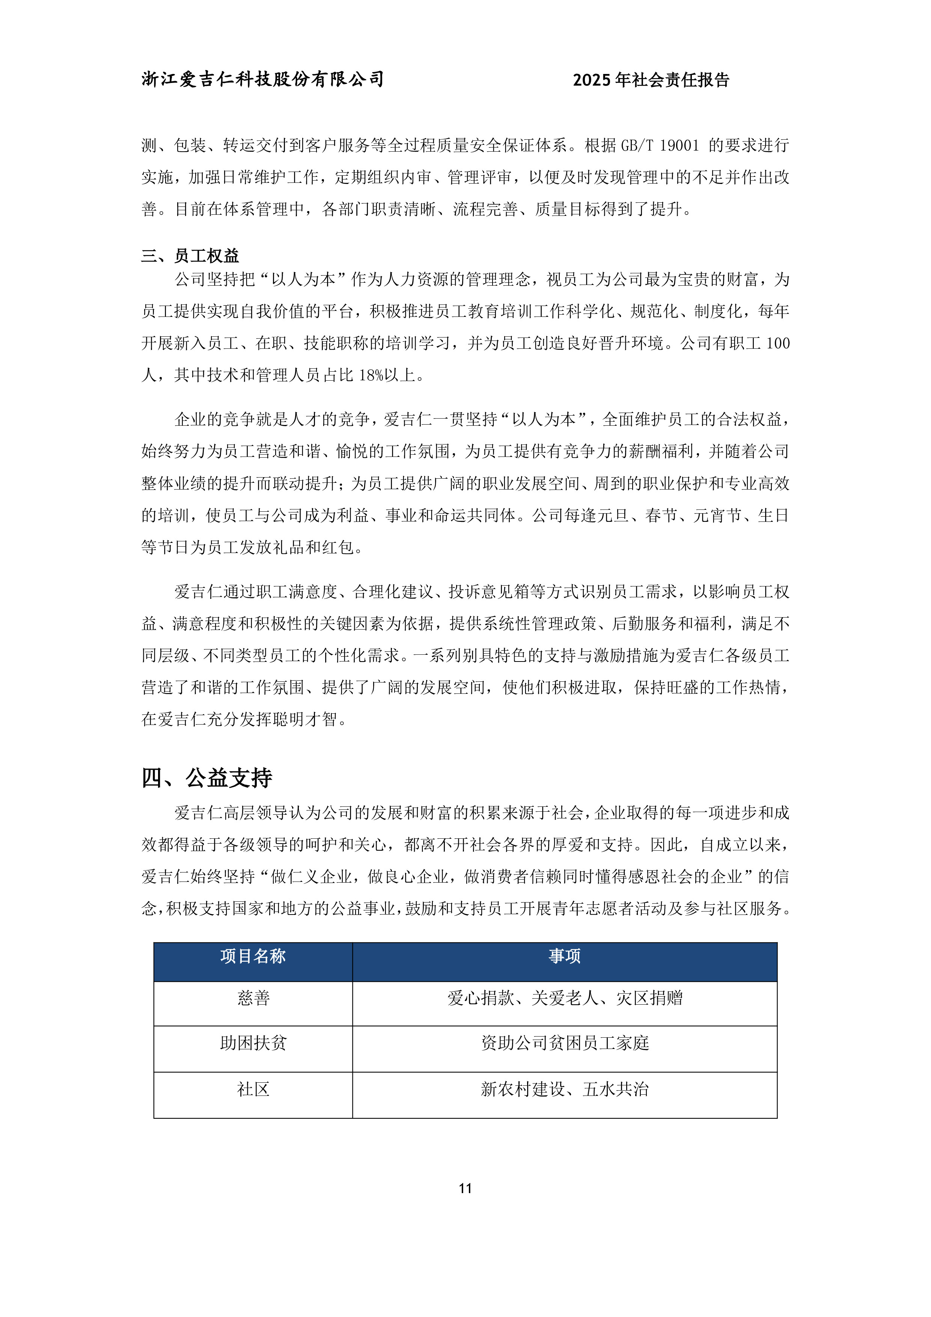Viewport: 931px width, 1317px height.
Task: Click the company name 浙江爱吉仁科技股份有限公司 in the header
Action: click(x=262, y=79)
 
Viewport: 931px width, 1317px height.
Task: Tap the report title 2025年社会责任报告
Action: click(x=651, y=80)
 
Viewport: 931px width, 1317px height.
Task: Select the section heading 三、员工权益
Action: click(x=190, y=256)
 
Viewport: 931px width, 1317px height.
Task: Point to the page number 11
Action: click(x=465, y=1189)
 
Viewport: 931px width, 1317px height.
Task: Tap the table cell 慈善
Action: click(x=253, y=999)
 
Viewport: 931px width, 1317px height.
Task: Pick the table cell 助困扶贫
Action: click(x=253, y=1043)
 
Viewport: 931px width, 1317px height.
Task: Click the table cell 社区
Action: click(x=253, y=1089)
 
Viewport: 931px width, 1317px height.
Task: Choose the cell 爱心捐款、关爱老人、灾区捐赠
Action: click(x=565, y=999)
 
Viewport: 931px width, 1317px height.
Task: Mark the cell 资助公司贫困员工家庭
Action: click(x=565, y=1043)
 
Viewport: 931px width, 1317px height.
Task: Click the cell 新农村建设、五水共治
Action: click(x=565, y=1089)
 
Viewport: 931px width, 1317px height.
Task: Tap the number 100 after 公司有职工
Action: click(x=778, y=344)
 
